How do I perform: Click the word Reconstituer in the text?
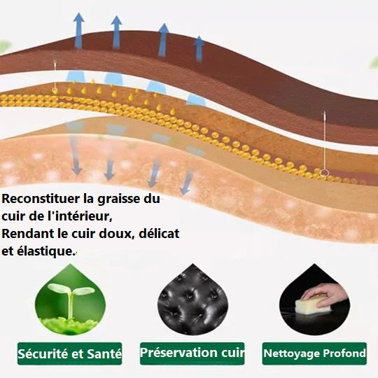pyautogui.click(x=41, y=199)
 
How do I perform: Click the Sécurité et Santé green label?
pyautogui.click(x=70, y=353)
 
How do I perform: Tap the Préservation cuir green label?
pyautogui.click(x=192, y=353)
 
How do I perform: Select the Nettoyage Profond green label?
pyautogui.click(x=314, y=353)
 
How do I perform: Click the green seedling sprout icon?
pyautogui.click(x=70, y=300)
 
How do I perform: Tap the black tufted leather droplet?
pyautogui.click(x=192, y=300)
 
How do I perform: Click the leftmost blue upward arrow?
pyautogui.click(x=78, y=31)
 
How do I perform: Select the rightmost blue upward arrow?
pyautogui.click(x=199, y=49)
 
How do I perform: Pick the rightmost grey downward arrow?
pyautogui.click(x=187, y=183)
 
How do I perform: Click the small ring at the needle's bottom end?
pyautogui.click(x=325, y=173)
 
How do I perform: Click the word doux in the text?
pyautogui.click(x=116, y=234)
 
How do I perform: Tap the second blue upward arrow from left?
pyautogui.click(x=116, y=32)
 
